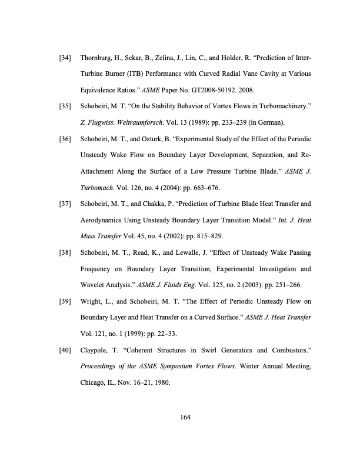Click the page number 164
click(179, 417)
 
